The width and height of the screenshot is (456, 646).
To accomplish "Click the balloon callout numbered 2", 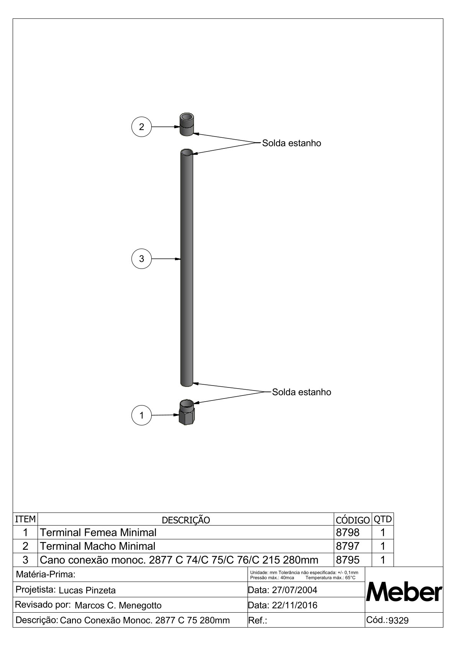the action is click(x=141, y=127).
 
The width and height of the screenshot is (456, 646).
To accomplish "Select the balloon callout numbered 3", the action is click(x=141, y=259).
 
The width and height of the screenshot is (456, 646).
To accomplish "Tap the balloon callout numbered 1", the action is click(x=141, y=415).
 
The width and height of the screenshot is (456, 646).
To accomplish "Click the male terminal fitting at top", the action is click(x=187, y=124).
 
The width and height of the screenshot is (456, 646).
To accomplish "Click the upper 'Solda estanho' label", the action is click(x=292, y=143).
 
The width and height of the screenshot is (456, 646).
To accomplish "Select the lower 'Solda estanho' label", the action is click(x=302, y=392).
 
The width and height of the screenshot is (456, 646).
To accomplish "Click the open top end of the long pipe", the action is click(x=187, y=152).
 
